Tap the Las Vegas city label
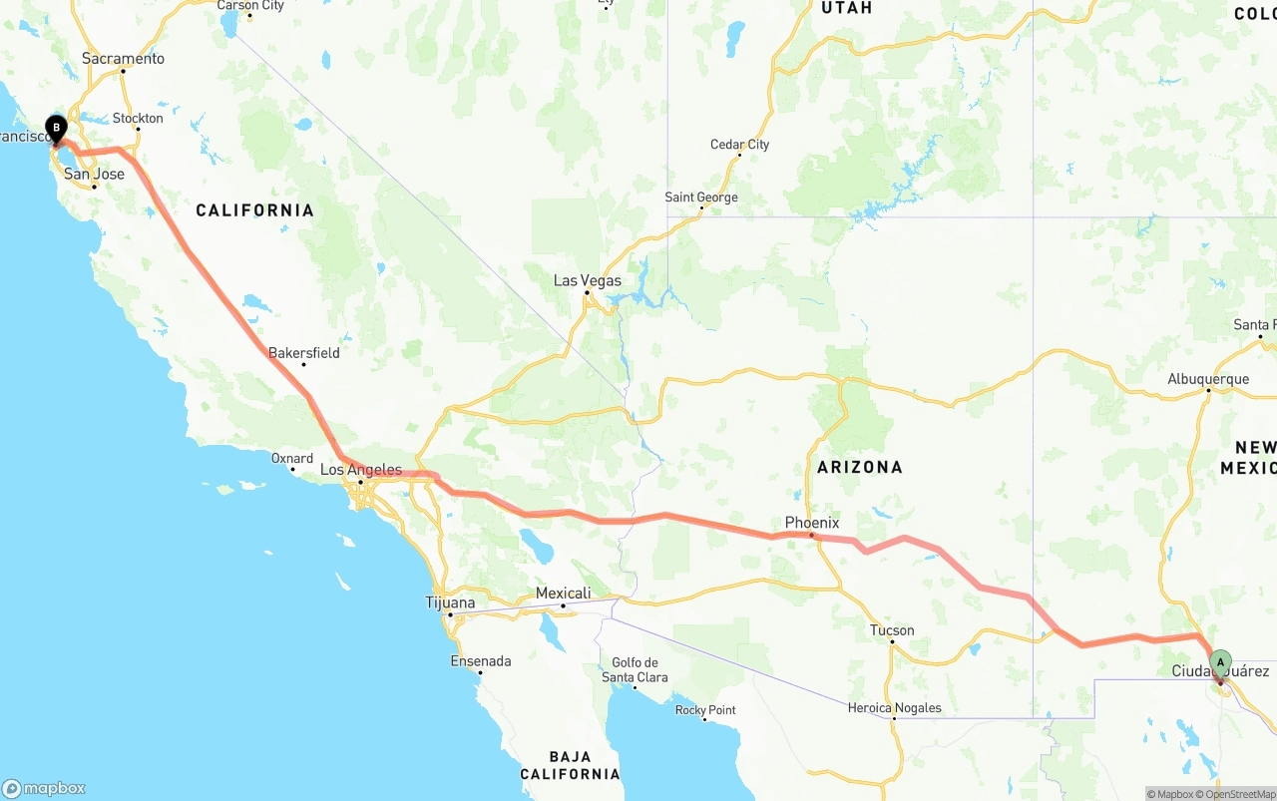(588, 281)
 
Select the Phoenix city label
(812, 523)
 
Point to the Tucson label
(892, 630)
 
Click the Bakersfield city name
(304, 353)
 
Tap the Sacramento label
(123, 59)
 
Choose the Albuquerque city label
(1208, 379)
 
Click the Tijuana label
(451, 603)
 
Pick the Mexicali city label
(564, 594)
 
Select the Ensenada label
(481, 661)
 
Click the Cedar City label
(740, 145)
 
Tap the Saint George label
(701, 198)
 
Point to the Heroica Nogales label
(894, 708)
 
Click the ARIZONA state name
(860, 467)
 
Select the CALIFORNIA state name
(254, 210)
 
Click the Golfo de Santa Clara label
(635, 670)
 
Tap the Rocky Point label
(705, 710)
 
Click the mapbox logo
(44, 788)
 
